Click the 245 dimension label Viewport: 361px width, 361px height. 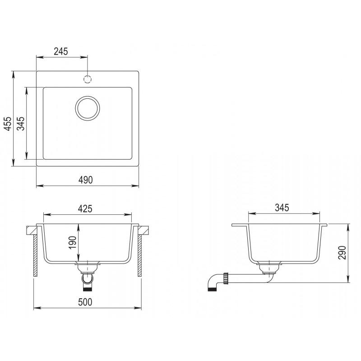point(61,51)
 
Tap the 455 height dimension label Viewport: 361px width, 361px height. point(8,124)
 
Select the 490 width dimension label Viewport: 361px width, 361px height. point(86,180)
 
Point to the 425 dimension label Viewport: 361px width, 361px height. point(85,208)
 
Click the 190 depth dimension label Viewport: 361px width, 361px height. point(72,242)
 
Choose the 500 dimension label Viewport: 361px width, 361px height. point(85,302)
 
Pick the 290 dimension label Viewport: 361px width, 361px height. point(342,253)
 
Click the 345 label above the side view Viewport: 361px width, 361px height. point(282,208)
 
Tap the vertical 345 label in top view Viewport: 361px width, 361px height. point(21,124)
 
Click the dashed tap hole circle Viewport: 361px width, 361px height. point(88,79)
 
